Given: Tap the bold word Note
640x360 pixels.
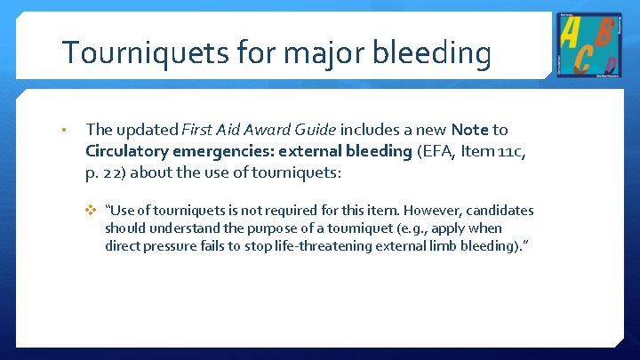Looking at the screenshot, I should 470,131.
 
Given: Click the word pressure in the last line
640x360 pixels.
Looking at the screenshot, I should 168,246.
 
